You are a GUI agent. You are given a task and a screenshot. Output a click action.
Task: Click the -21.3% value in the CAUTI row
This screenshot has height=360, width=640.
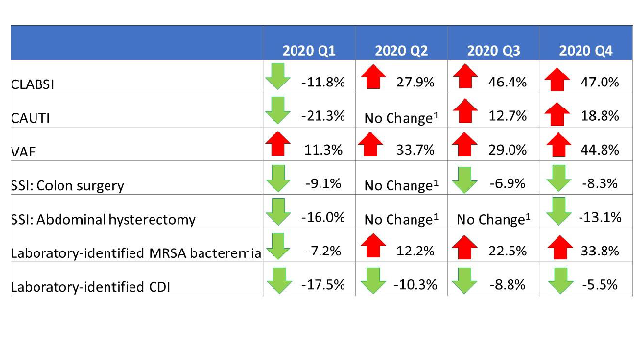click(321, 115)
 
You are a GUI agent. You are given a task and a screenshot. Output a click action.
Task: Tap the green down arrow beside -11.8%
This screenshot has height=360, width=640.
click(278, 77)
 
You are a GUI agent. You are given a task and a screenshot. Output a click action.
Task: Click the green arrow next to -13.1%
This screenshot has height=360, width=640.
click(557, 213)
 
